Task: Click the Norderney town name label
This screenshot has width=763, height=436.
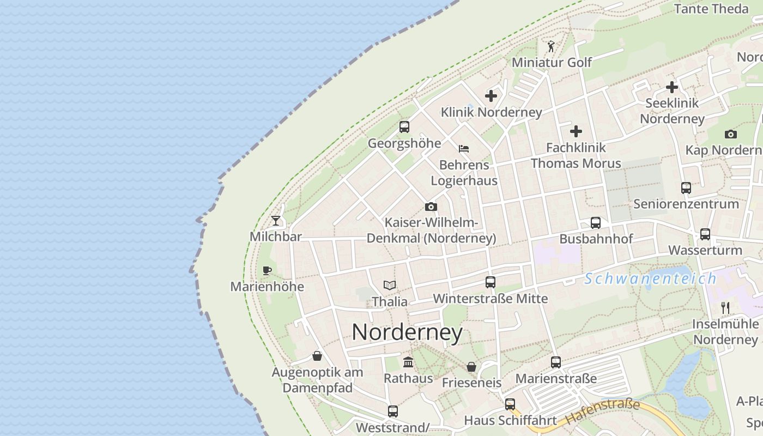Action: click(407, 332)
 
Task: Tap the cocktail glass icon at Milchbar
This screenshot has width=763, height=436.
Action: click(276, 221)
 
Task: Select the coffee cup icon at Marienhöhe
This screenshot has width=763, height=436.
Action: click(267, 270)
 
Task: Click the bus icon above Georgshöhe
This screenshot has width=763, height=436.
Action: click(404, 127)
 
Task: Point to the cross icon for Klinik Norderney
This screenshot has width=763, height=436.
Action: click(491, 96)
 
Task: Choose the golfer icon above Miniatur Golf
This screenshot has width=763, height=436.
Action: click(551, 46)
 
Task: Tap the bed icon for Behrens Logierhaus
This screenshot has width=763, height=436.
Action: click(464, 148)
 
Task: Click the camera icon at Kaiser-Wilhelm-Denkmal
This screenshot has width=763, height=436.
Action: click(431, 207)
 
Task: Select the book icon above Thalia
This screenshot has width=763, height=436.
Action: click(389, 285)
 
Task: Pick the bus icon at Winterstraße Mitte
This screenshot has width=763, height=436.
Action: click(491, 282)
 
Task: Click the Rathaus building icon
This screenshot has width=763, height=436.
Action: click(408, 362)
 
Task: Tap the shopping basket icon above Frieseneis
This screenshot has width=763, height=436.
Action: click(471, 367)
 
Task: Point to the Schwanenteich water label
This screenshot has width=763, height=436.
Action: click(650, 278)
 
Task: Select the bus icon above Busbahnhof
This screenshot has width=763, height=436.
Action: click(596, 223)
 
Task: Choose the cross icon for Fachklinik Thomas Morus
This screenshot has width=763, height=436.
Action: click(576, 131)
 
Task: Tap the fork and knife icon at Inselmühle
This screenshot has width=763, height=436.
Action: click(725, 308)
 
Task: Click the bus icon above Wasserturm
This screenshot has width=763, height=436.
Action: click(705, 234)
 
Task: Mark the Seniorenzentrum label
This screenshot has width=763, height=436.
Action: click(686, 204)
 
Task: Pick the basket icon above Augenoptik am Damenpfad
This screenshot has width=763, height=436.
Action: click(317, 356)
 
